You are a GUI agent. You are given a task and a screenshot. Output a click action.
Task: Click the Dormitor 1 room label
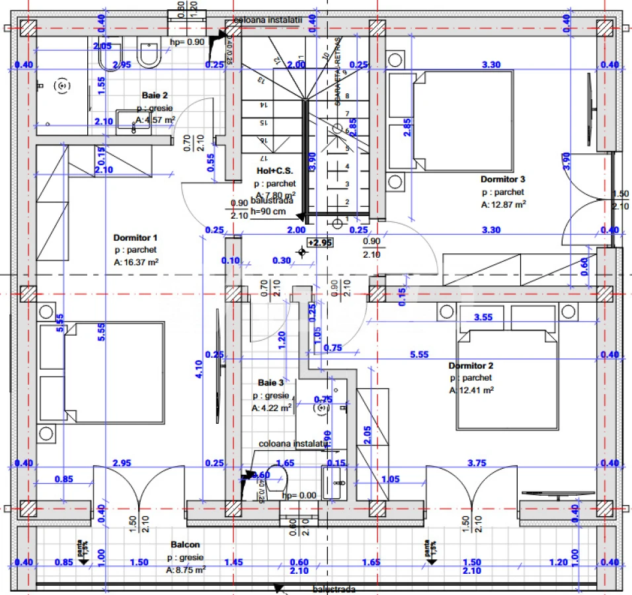click(135, 237)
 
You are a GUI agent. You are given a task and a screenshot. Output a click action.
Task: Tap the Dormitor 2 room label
click(471, 366)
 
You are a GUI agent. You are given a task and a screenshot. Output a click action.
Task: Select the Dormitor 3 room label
click(502, 179)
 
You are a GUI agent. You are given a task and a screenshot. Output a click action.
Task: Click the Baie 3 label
click(271, 383)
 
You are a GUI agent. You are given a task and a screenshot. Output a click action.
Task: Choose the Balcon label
click(185, 545)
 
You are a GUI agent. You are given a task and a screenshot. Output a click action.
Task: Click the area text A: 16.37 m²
click(136, 262)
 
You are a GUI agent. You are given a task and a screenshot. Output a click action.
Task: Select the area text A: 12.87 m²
click(503, 205)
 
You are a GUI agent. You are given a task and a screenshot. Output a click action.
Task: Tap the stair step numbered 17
click(262, 159)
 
